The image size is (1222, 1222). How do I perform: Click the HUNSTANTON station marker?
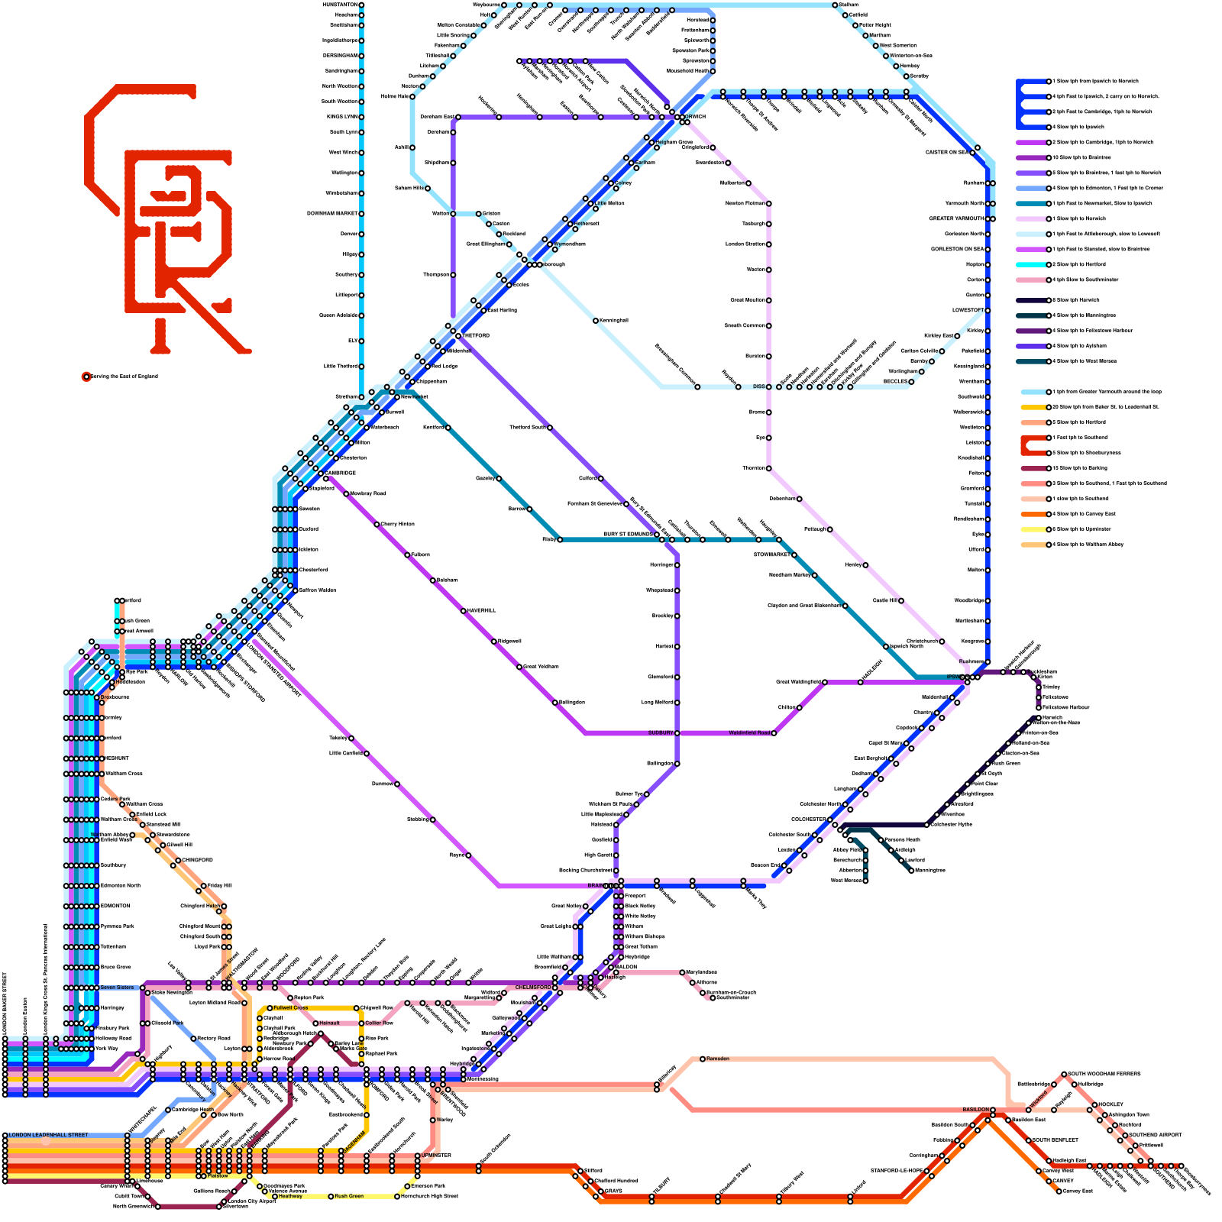point(362,5)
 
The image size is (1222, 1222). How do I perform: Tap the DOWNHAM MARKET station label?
point(332,213)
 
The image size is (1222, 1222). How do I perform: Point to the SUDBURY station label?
point(661,733)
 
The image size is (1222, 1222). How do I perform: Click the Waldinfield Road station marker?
point(774,733)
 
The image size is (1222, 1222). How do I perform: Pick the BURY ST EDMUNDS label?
point(629,534)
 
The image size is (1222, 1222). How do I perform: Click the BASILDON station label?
point(975,1110)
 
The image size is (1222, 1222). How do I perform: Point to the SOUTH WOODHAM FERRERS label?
point(1104,1074)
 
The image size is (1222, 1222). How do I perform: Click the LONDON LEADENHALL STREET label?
point(48,1135)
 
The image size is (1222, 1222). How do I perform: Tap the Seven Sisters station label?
point(117,988)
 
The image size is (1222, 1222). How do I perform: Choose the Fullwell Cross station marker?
point(270,1008)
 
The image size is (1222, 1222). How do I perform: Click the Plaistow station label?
point(218,1175)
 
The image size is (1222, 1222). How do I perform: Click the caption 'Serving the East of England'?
point(124,377)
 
